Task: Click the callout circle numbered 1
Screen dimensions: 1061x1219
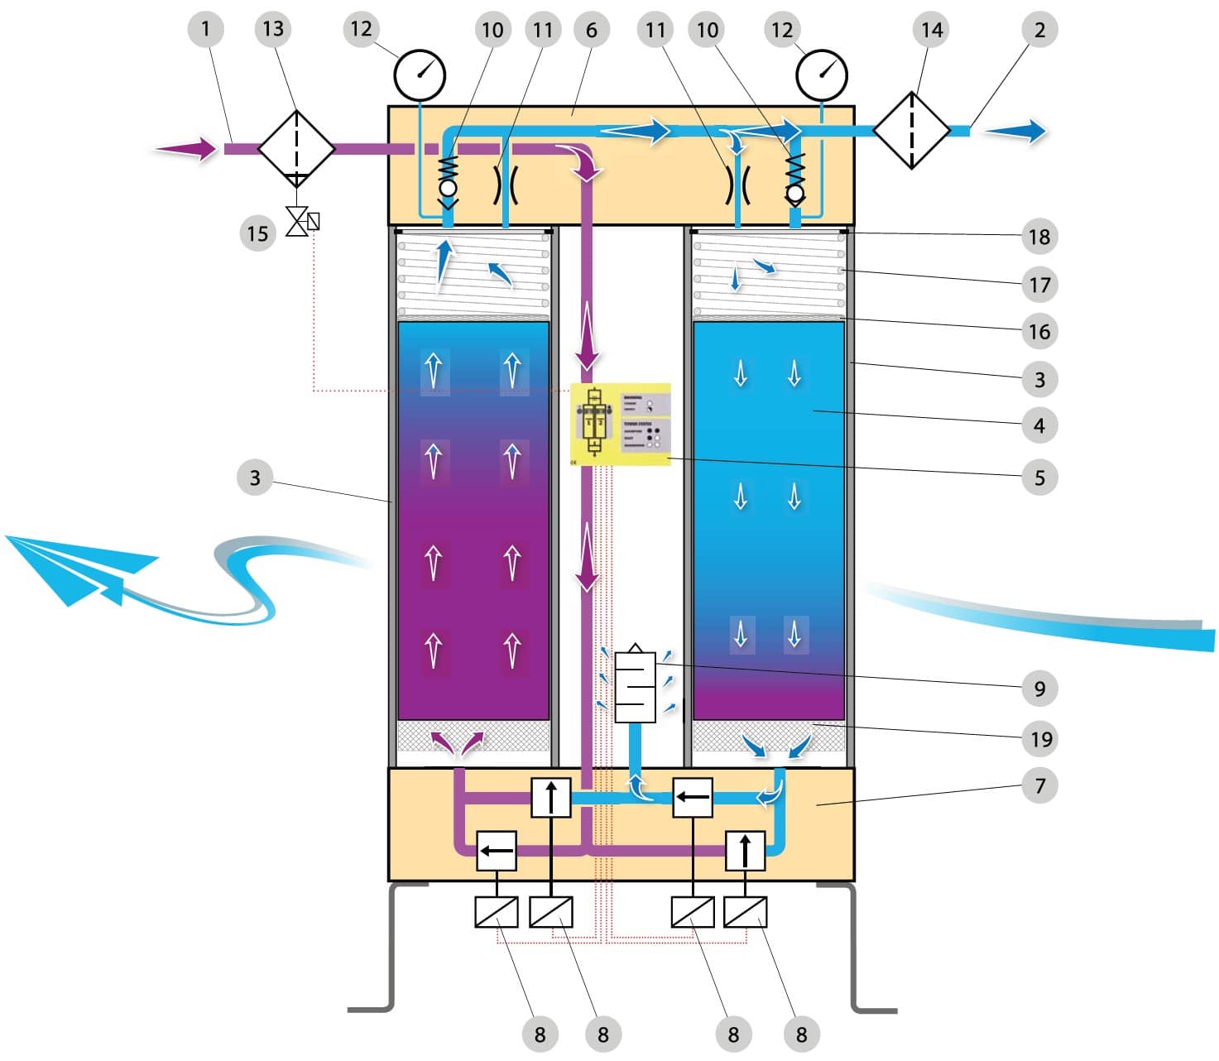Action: pos(205,30)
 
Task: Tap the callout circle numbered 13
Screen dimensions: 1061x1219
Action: pos(272,30)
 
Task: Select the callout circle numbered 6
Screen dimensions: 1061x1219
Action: pos(591,31)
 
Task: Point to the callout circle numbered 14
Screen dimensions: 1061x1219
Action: pos(931,31)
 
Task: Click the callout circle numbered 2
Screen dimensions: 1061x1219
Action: pos(1039,31)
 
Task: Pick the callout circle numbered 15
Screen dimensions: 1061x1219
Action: pos(257,233)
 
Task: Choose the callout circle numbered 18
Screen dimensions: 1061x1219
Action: pos(1039,237)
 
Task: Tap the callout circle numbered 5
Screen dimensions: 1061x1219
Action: pos(1039,478)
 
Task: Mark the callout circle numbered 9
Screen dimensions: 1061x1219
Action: pos(1039,689)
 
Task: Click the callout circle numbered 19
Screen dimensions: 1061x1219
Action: pos(1039,739)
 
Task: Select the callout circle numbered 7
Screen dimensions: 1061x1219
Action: pos(1039,785)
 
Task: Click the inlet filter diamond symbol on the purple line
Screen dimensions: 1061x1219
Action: pos(296,149)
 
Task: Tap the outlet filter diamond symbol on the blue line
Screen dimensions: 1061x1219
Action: pos(911,131)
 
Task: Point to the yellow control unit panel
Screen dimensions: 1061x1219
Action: pos(621,424)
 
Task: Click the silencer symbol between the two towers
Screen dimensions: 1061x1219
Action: pos(635,685)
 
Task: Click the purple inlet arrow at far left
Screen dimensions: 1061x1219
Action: pos(186,150)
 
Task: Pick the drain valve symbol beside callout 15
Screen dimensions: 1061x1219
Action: pos(302,222)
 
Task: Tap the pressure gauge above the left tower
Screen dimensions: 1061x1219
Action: pos(420,75)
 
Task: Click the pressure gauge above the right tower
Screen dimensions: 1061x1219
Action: pos(822,75)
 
